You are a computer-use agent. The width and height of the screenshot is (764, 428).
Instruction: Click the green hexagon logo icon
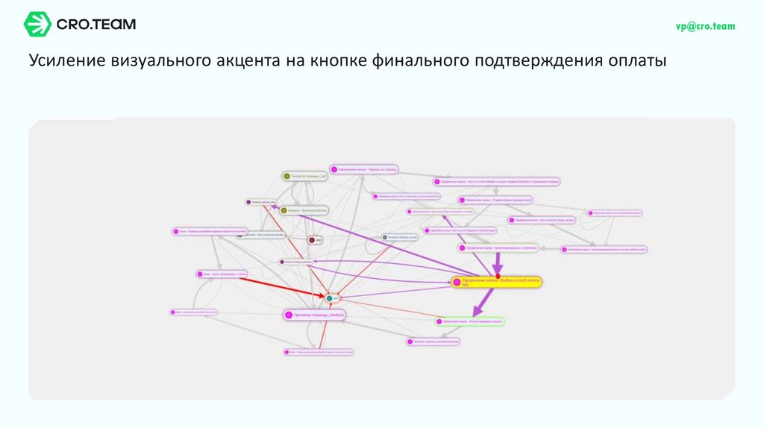coord(37,24)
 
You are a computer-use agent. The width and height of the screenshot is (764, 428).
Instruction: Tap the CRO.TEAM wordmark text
coord(96,25)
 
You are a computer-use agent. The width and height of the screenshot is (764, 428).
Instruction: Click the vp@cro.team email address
coord(705,26)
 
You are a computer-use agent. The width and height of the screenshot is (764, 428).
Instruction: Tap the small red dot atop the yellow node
coord(498,276)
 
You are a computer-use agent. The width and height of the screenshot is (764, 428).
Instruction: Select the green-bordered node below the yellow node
coord(470,321)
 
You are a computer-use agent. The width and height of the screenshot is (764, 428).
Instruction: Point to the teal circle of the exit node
coord(328,298)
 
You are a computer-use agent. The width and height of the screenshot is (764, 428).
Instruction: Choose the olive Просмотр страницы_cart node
coord(304,176)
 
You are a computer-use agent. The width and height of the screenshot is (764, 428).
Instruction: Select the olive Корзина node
coord(304,210)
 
